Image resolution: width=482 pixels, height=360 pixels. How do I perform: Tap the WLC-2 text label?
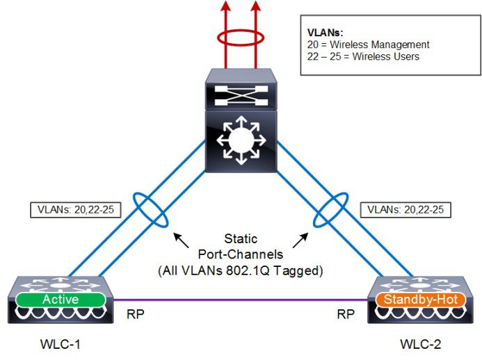coord(421,343)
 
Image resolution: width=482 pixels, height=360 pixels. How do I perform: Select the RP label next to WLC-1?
coord(136,314)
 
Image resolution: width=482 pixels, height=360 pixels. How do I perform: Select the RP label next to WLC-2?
coord(346,314)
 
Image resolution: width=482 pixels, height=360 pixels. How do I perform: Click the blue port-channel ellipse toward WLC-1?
coord(150,211)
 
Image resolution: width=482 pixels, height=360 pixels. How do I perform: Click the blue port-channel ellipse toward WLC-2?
coord(328,210)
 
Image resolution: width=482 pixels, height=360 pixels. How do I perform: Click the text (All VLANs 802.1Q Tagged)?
coord(239,269)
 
